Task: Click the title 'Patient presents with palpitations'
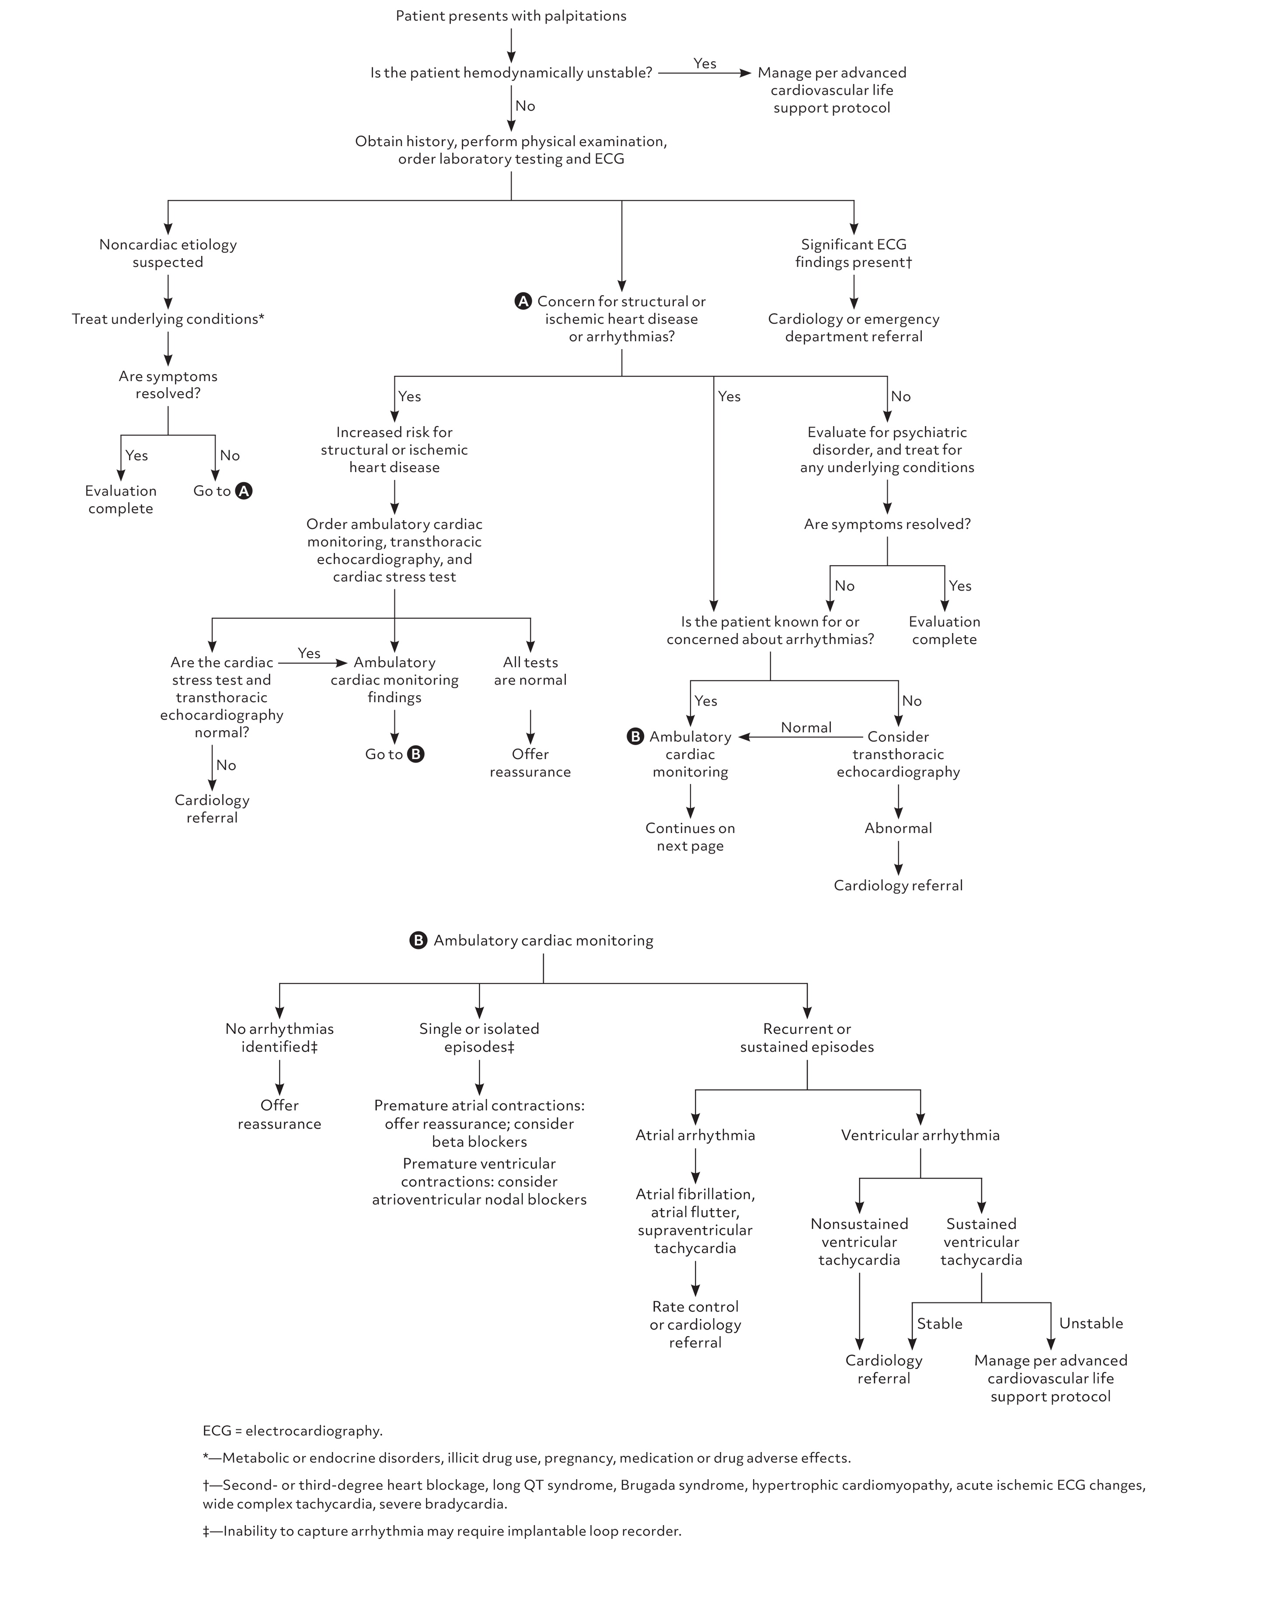[511, 16]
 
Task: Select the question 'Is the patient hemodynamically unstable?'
[511, 73]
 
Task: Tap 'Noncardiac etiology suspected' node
[168, 253]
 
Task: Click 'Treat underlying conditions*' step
[168, 319]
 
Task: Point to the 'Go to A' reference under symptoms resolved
[222, 491]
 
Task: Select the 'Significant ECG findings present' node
[854, 253]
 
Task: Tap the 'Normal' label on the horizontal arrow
[806, 728]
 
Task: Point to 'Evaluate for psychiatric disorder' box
[887, 449]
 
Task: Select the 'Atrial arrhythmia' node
[695, 1135]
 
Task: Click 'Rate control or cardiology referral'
[695, 1325]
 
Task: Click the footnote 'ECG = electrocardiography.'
[293, 1431]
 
